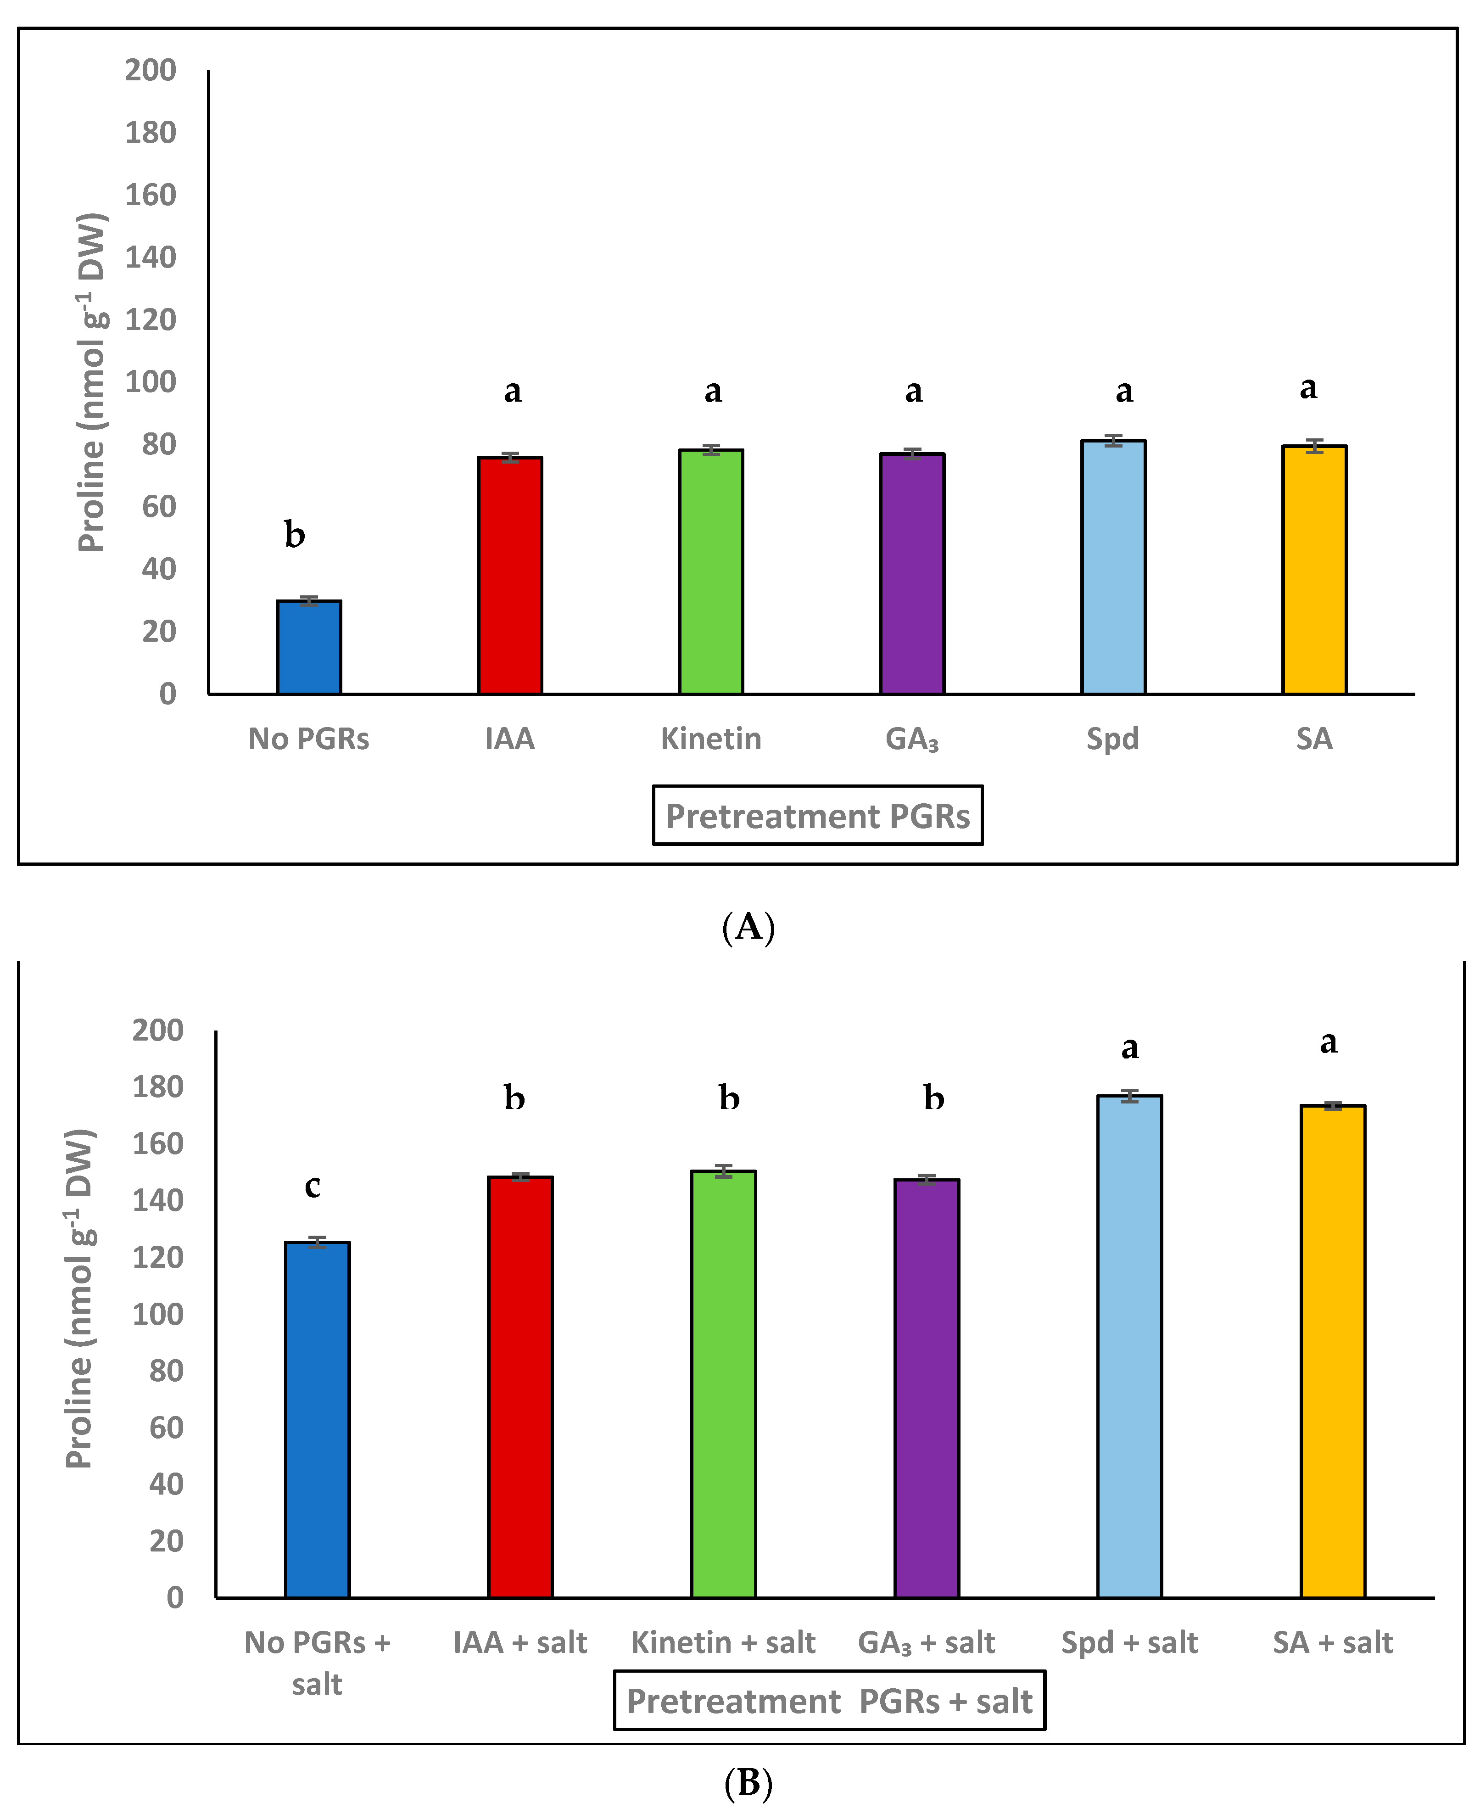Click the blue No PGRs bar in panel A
tap(308, 648)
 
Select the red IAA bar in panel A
tap(510, 576)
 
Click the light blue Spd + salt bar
tap(1129, 1346)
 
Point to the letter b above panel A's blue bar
tap(294, 534)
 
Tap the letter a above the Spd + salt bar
tap(1129, 1047)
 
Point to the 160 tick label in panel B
tap(158, 1143)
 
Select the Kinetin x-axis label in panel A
tap(711, 738)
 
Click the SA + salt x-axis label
tap(1333, 1642)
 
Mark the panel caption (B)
tap(748, 1782)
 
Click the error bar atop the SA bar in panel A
tap(1314, 446)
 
